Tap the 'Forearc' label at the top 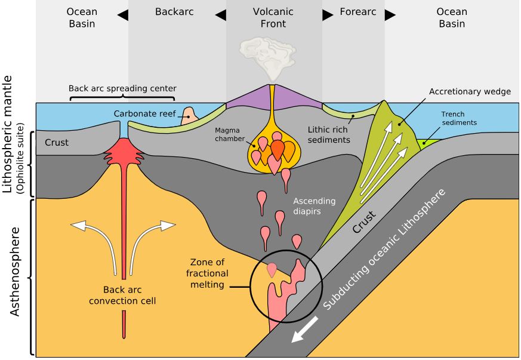coord(358,11)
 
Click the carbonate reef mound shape coord(190,115)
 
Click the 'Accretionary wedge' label coord(470,91)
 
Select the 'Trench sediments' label coord(461,118)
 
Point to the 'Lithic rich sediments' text coord(329,134)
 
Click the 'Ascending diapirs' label coord(315,206)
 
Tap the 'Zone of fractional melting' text coord(208,273)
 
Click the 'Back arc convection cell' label coord(122,295)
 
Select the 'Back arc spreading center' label coord(122,88)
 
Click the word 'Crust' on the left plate coord(57,143)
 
